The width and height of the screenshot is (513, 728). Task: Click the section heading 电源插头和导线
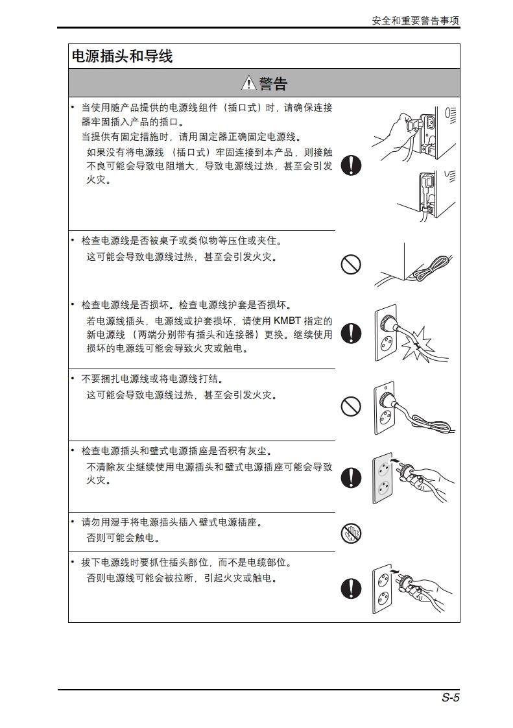(x=122, y=56)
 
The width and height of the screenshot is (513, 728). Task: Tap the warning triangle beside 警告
(x=249, y=83)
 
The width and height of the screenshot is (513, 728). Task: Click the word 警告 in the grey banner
(x=274, y=84)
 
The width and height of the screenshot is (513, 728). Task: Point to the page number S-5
(x=450, y=698)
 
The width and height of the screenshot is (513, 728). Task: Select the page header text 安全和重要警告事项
(x=416, y=20)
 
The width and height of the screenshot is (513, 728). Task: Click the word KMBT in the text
(x=287, y=321)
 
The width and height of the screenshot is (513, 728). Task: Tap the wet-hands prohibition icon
(x=351, y=533)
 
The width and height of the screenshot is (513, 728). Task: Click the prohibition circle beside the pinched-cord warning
(x=351, y=265)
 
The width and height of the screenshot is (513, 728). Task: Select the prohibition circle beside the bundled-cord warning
(x=351, y=407)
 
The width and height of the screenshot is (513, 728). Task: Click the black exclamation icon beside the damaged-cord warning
(x=351, y=334)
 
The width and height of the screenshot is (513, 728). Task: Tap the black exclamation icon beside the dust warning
(x=351, y=478)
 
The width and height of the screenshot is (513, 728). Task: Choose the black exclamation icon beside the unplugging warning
(x=351, y=588)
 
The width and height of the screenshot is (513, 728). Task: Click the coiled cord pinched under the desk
(x=429, y=269)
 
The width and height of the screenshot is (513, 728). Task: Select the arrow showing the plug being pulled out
(x=394, y=570)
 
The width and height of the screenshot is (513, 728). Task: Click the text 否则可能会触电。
(x=125, y=538)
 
